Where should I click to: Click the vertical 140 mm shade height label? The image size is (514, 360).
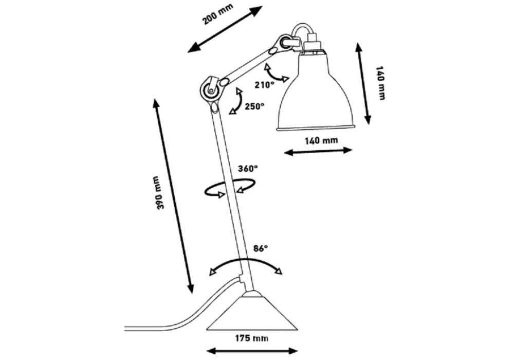(380, 83)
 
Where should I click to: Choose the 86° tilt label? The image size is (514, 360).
(261, 248)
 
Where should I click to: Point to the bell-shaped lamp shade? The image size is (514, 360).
(315, 98)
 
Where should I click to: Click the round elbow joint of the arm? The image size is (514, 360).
(210, 90)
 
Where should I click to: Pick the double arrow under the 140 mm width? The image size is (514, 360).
(318, 151)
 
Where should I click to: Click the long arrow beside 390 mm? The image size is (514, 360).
(173, 196)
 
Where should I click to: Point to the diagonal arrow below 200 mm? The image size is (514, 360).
(225, 29)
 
